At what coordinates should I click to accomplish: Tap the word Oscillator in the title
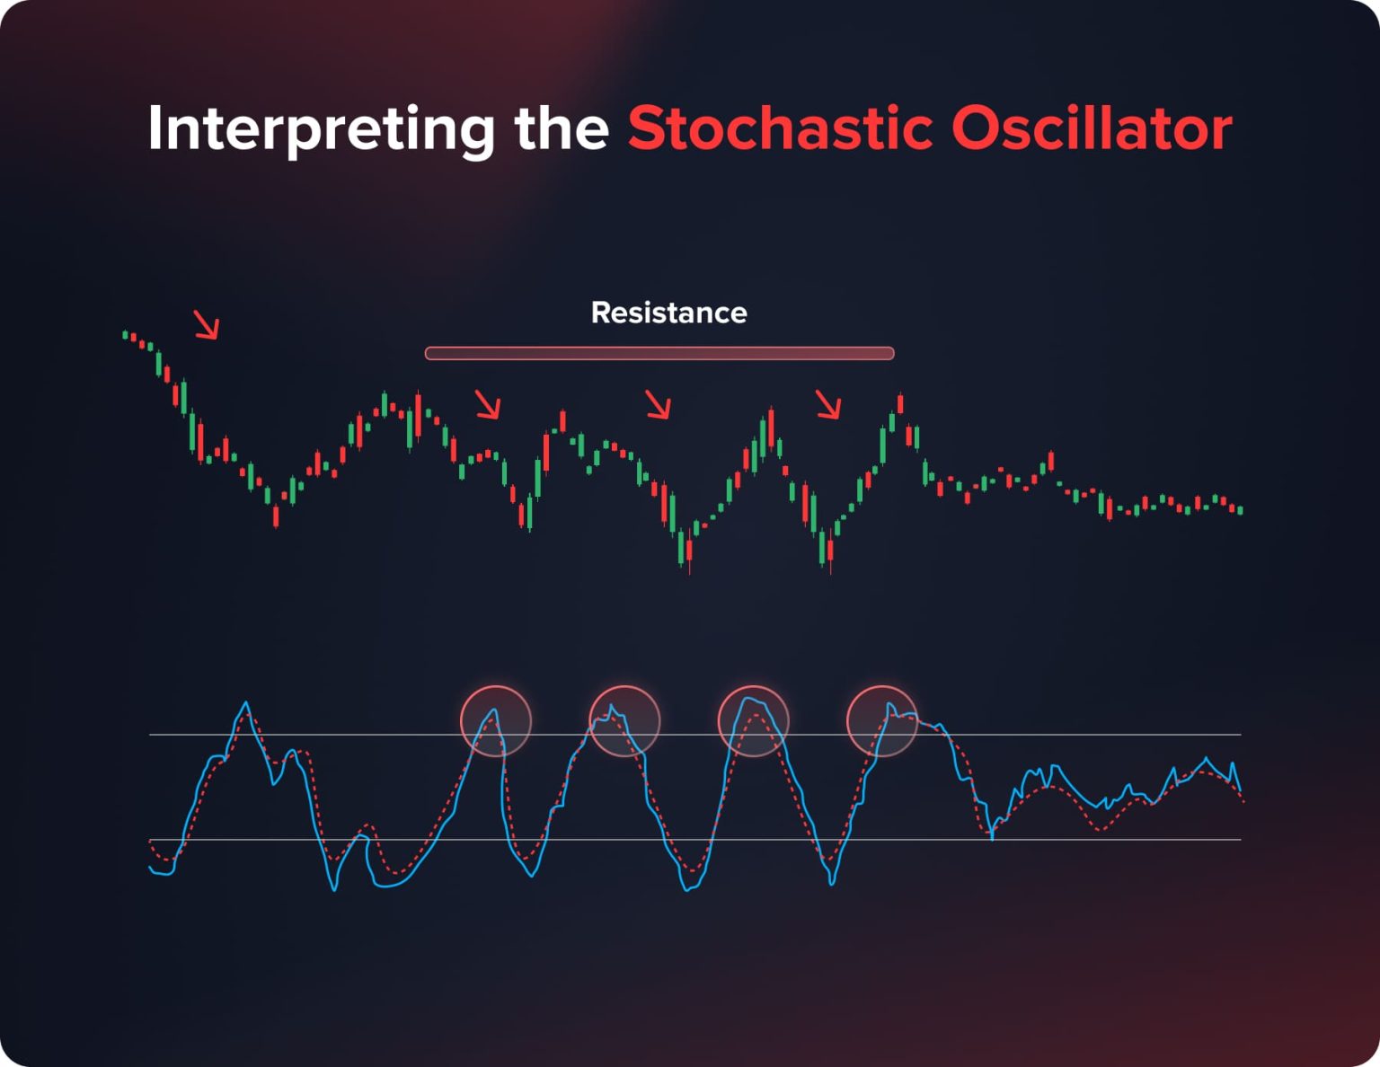1091,128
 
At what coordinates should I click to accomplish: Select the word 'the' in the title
562,128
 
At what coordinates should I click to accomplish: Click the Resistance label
668,313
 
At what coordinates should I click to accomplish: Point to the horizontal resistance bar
659,353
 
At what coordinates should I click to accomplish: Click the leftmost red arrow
207,325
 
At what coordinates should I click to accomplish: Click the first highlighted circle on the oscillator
496,721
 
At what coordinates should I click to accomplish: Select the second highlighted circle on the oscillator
624,721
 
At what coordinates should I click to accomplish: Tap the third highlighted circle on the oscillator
753,721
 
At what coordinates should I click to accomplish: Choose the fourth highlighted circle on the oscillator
882,721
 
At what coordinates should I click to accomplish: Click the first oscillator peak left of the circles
245,706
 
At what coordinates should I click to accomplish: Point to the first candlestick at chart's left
126,335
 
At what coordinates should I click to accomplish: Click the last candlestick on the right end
1241,510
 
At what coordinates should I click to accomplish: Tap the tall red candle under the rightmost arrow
900,404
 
